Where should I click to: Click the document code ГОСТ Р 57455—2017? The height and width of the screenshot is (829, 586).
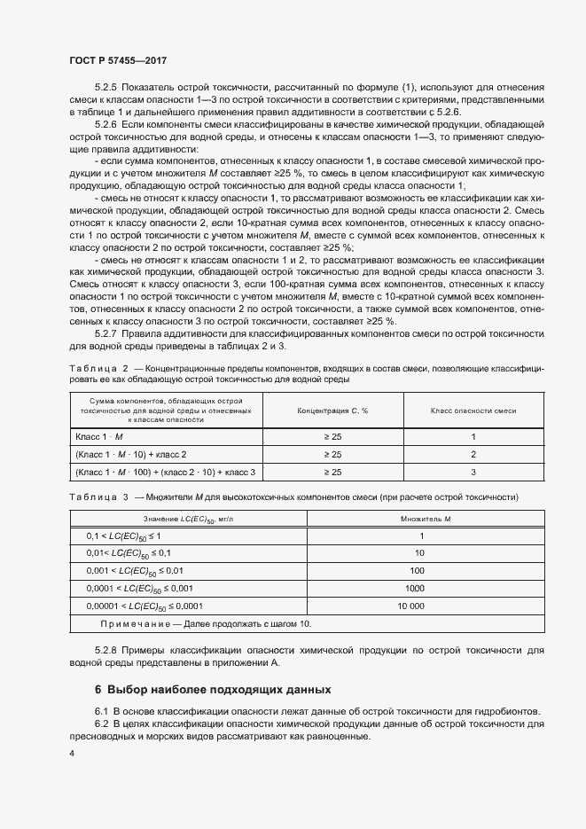coord(117,59)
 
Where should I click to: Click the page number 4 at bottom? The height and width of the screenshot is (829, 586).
coord(72,754)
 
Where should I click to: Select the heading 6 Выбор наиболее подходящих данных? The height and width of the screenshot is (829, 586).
coord(213,689)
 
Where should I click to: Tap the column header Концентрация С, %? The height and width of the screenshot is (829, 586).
coord(332,411)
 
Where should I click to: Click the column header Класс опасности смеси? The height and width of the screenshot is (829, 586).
coord(473,411)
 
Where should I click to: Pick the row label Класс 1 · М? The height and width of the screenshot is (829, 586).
coord(100,436)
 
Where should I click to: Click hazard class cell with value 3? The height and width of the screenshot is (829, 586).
coord(473,472)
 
